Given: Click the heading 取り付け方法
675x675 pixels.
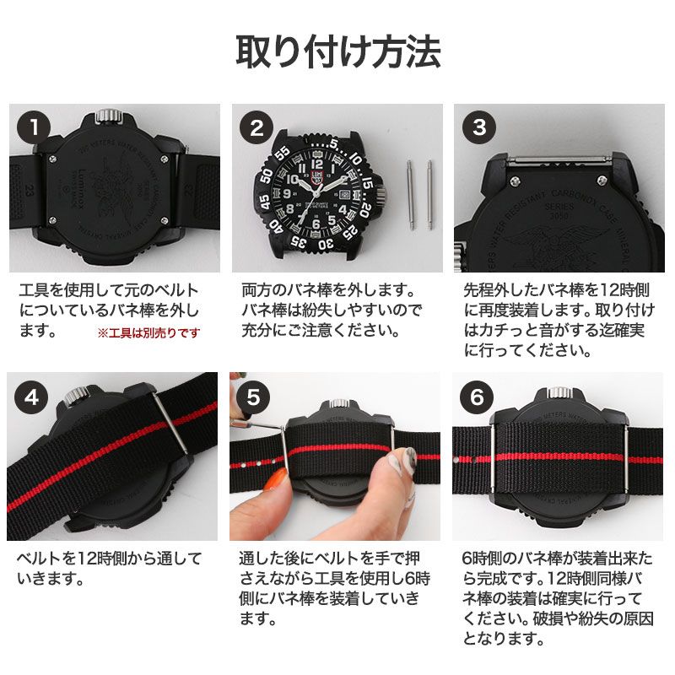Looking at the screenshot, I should pyautogui.click(x=337, y=52).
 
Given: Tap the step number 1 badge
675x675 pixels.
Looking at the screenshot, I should pyautogui.click(x=34, y=128).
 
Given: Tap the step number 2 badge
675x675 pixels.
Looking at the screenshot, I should pyautogui.click(x=256, y=128).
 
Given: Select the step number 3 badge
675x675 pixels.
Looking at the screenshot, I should pyautogui.click(x=479, y=128).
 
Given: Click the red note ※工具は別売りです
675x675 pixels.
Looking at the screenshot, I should pyautogui.click(x=150, y=332).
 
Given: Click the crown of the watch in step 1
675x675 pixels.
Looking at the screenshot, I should pyautogui.click(x=106, y=116).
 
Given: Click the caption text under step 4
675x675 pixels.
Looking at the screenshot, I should pyautogui.click(x=110, y=568).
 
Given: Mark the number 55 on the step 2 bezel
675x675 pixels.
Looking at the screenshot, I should pyautogui.click(x=282, y=154).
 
